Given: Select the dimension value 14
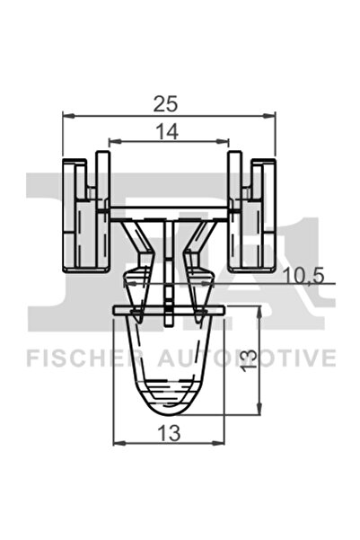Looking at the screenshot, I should pyautogui.click(x=167, y=130).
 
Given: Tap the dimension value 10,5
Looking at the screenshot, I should pyautogui.click(x=302, y=276).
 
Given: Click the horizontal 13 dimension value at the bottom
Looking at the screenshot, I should pyautogui.click(x=168, y=432).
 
